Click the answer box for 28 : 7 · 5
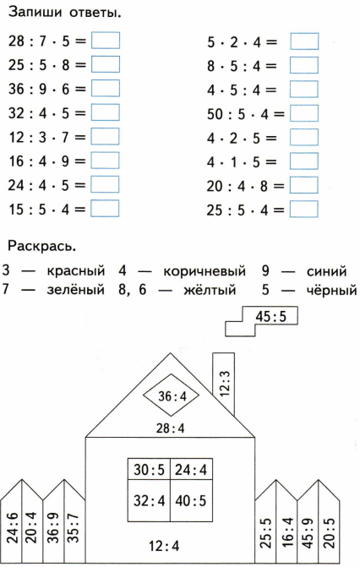click(106, 41)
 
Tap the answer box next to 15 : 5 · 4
click(105, 209)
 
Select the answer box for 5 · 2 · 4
click(304, 41)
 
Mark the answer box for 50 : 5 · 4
click(304, 113)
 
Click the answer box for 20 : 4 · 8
click(304, 186)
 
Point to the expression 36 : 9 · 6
click(47, 90)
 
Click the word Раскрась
click(42, 246)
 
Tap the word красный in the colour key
click(75, 271)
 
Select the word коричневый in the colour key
click(205, 271)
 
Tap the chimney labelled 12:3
click(224, 384)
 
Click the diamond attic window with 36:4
click(172, 395)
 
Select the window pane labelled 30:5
click(149, 469)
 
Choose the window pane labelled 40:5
click(191, 501)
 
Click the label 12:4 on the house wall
click(164, 545)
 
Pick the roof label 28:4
click(171, 428)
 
